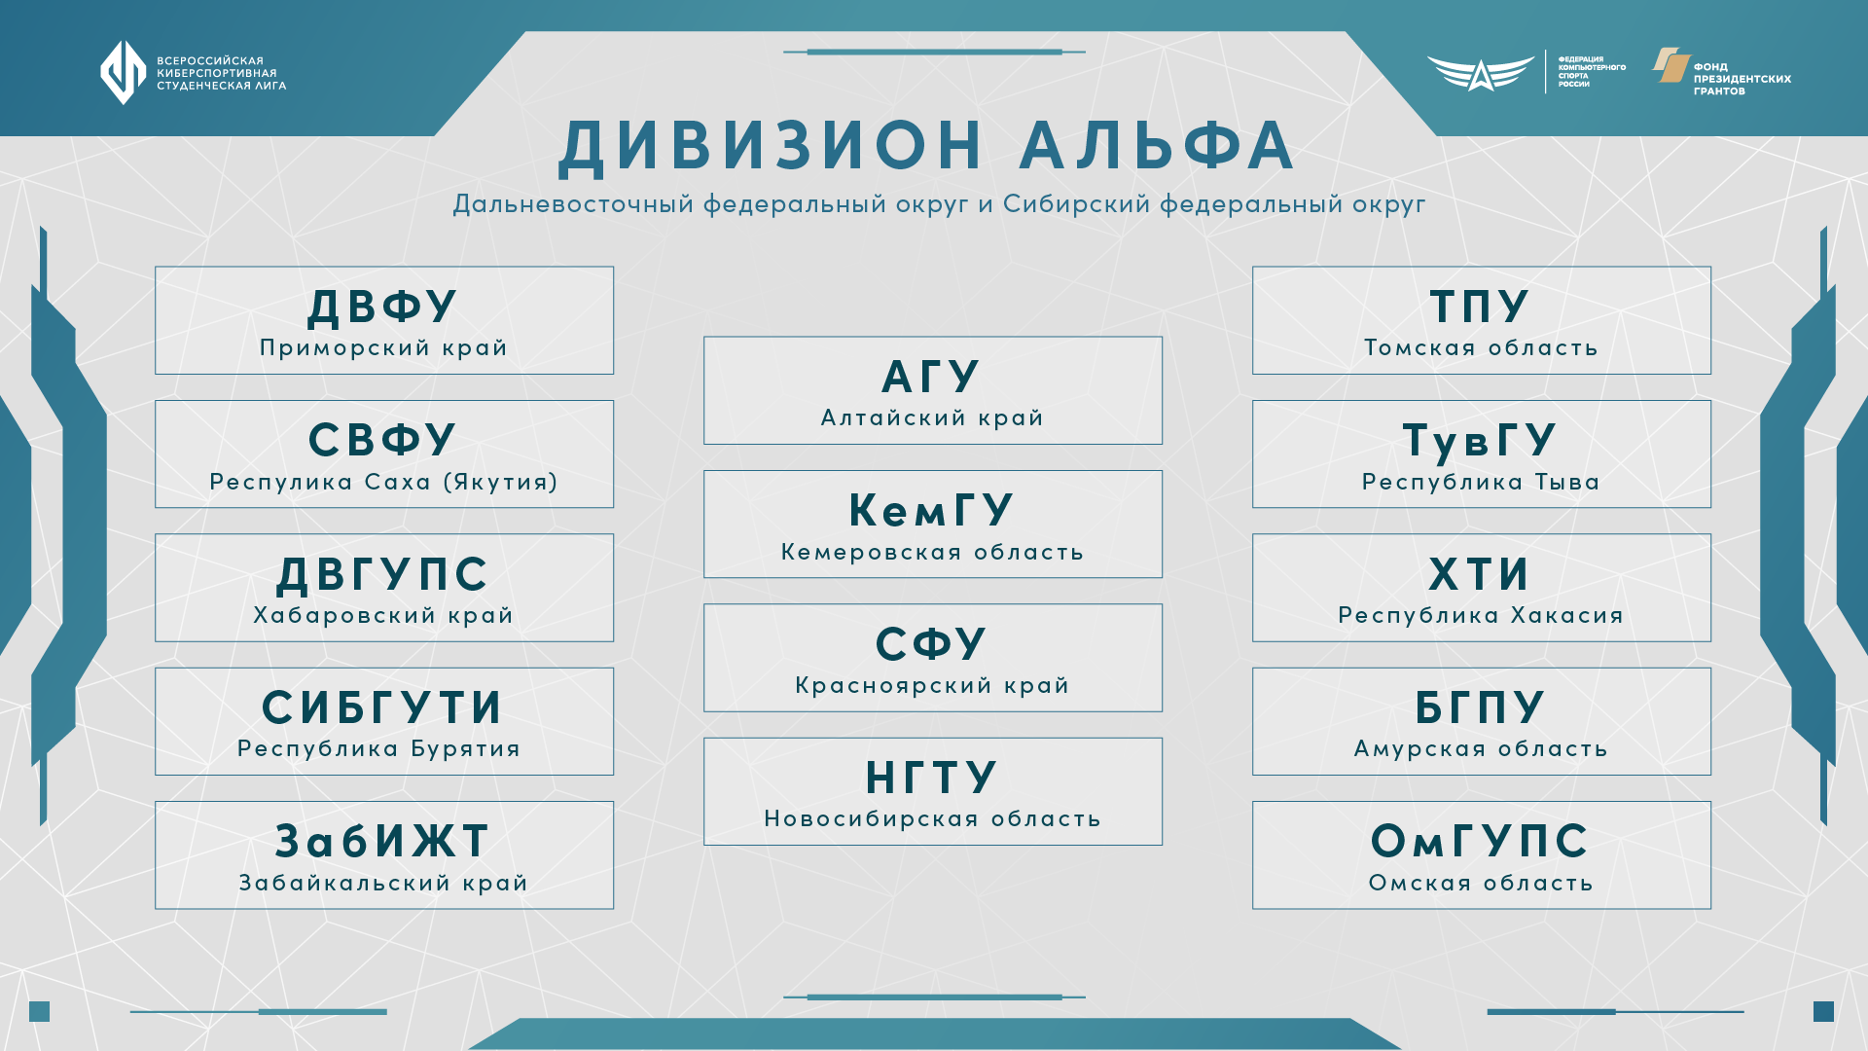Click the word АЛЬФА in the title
click(1157, 146)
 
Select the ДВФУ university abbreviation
click(382, 307)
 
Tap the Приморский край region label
click(383, 347)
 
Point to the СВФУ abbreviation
click(382, 440)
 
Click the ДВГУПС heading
click(382, 574)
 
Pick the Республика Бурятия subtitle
click(379, 748)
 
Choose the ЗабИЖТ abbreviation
click(382, 841)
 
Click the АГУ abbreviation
click(931, 377)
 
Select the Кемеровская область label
click(932, 552)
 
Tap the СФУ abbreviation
click(931, 643)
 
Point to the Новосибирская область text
click(932, 818)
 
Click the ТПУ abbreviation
click(1480, 307)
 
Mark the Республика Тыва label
click(1481, 482)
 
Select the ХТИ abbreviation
click(1480, 574)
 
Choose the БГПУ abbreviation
click(1480, 707)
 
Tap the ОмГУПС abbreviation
click(1480, 841)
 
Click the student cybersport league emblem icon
click(124, 72)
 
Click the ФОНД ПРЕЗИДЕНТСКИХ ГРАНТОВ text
click(1742, 79)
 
